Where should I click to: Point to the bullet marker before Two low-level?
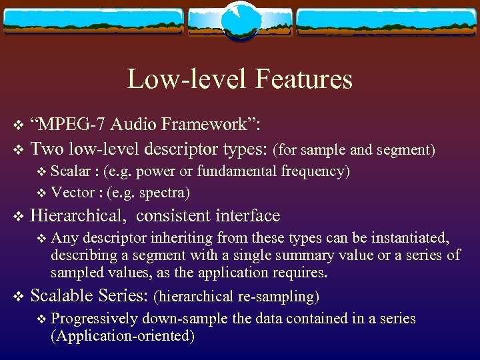click(x=18, y=147)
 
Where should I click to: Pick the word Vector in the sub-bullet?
click(x=72, y=193)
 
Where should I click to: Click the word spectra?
click(x=165, y=193)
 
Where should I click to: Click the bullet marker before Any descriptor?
click(x=43, y=238)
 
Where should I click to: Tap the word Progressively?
click(x=94, y=319)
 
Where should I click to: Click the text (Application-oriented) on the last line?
click(x=123, y=336)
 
